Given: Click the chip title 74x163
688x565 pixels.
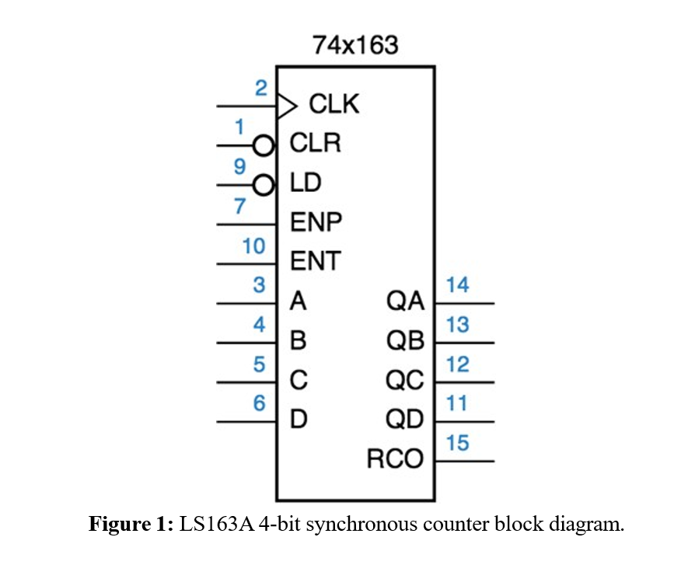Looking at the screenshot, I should pos(355,46).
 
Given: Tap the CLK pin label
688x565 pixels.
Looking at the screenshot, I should pos(334,104).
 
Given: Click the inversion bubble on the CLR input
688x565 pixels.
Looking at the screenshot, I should pos(265,145).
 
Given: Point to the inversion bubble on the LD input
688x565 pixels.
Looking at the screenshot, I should pos(265,185).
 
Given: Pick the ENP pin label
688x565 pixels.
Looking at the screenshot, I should pos(316,223).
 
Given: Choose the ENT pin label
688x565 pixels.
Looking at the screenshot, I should pos(316,262).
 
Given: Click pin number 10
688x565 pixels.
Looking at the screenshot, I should pos(253,246).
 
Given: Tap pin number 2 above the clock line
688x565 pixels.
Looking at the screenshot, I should pos(261,89).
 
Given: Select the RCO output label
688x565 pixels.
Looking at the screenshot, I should pos(396,459).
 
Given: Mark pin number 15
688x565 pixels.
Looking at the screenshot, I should pos(458,443).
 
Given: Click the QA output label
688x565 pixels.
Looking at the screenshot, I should pos(405,301).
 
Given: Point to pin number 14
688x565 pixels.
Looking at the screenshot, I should pos(458,285).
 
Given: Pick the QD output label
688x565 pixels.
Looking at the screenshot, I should pos(405,420).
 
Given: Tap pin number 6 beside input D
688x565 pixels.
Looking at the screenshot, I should pos(260,404).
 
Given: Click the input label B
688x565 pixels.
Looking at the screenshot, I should pos(298,340).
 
